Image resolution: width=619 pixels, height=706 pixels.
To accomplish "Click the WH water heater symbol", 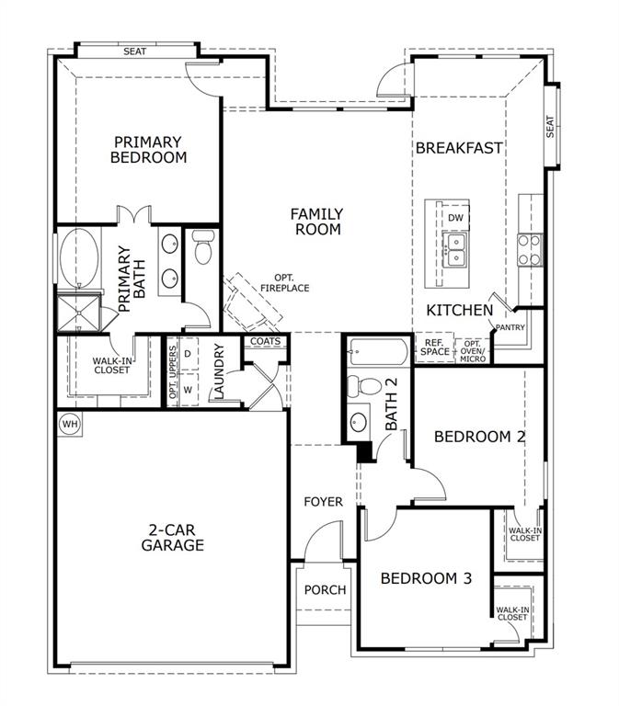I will coord(70,424).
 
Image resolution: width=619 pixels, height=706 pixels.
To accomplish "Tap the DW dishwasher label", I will coord(455,217).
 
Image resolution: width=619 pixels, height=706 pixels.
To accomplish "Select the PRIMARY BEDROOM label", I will coord(148,149).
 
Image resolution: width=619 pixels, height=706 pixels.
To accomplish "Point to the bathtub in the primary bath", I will coord(78,258).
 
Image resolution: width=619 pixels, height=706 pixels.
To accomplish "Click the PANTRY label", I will coord(510,327).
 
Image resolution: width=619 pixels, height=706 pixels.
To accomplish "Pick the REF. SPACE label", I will coord(434,347).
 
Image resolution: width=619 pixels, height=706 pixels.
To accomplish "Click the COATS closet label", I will coord(265,342).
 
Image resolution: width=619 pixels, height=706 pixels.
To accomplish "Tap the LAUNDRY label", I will coord(219,371).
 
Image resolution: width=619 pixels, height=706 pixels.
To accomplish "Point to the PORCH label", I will coord(325,589).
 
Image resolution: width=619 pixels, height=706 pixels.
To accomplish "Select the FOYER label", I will coord(324,502).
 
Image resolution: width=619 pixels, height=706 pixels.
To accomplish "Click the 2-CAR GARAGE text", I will coord(173,537).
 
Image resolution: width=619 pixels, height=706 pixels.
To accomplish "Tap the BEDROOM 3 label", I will coord(426,578).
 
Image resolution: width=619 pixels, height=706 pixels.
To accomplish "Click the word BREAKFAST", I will coord(459,147).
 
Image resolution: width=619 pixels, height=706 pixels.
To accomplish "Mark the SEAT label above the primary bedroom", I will coord(135,51).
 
